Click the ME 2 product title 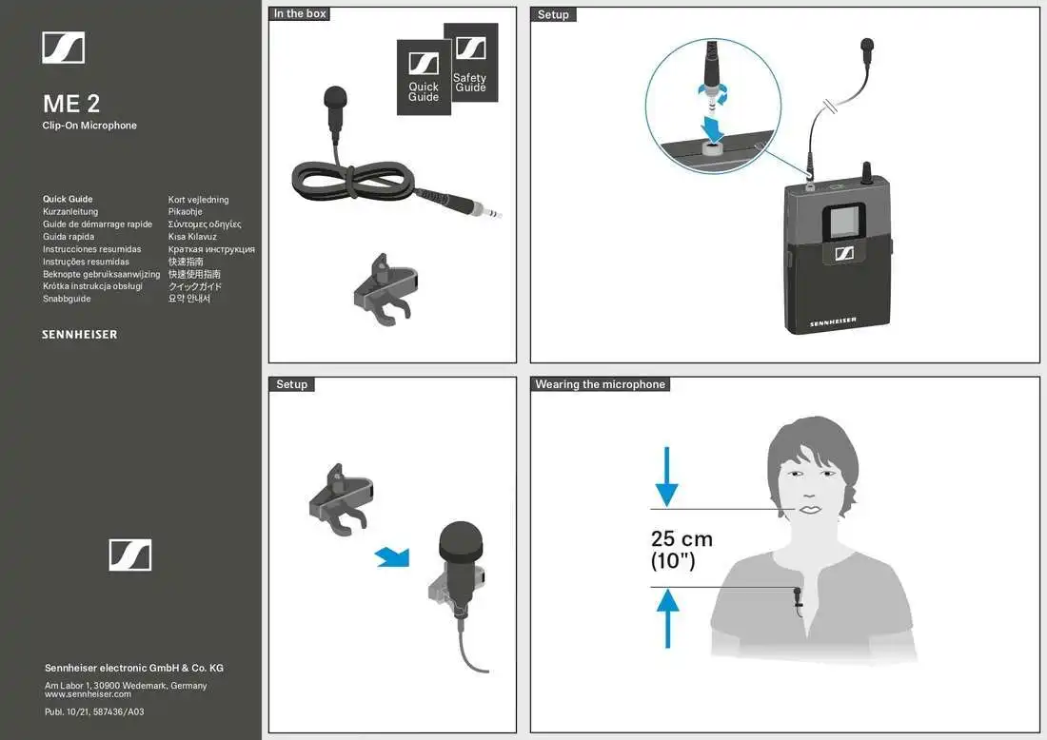coord(71,104)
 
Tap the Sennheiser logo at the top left coord(64,48)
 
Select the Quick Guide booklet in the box coord(424,78)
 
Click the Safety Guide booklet coord(470,67)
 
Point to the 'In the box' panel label coord(300,14)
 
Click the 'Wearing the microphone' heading coord(600,384)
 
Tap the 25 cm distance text coord(682,539)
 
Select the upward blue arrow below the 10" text coord(668,616)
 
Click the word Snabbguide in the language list coord(67,299)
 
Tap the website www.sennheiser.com coord(88,694)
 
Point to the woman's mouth coord(810,510)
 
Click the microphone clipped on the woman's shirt coord(797,597)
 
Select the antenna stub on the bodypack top coord(867,172)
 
